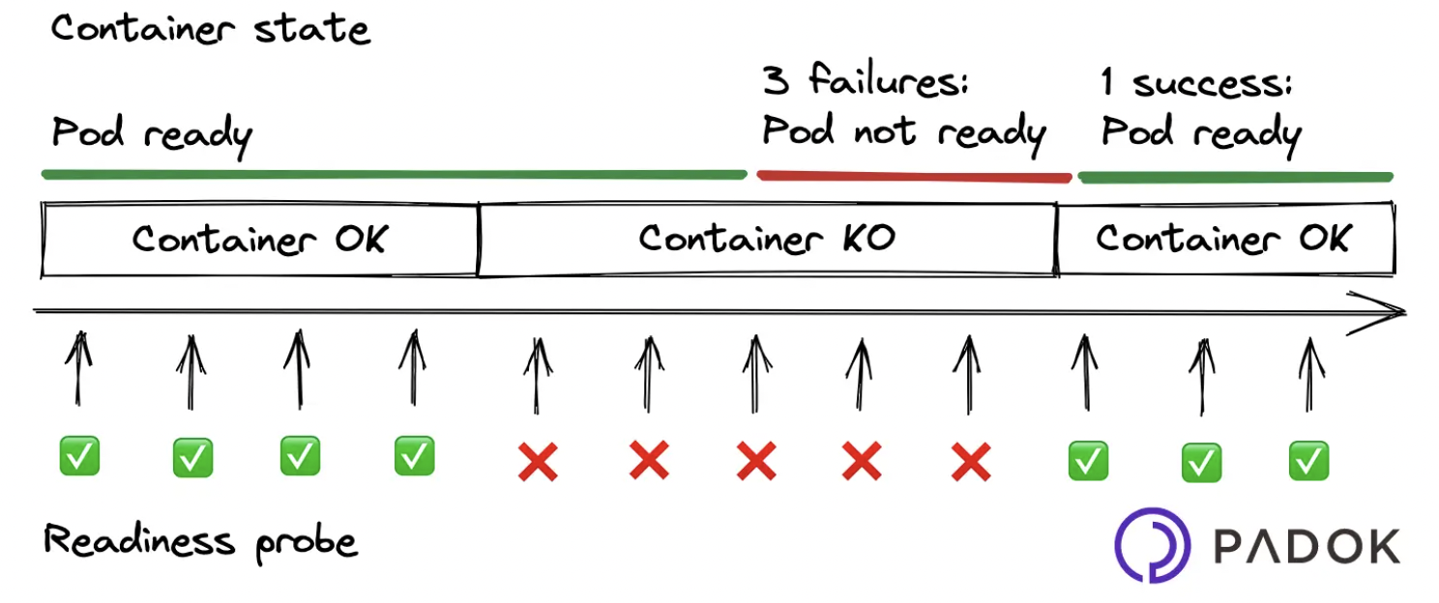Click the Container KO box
(766, 239)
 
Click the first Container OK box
(259, 239)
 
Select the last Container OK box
(1224, 239)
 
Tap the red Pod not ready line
(914, 176)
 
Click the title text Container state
(210, 28)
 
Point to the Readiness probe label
(201, 541)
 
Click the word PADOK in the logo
(1307, 547)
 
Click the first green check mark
(79, 455)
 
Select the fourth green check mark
(414, 455)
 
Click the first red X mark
(538, 462)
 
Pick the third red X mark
(756, 461)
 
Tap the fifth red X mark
(971, 462)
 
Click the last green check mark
(1309, 461)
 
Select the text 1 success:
(1197, 84)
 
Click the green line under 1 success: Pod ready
(1235, 177)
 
